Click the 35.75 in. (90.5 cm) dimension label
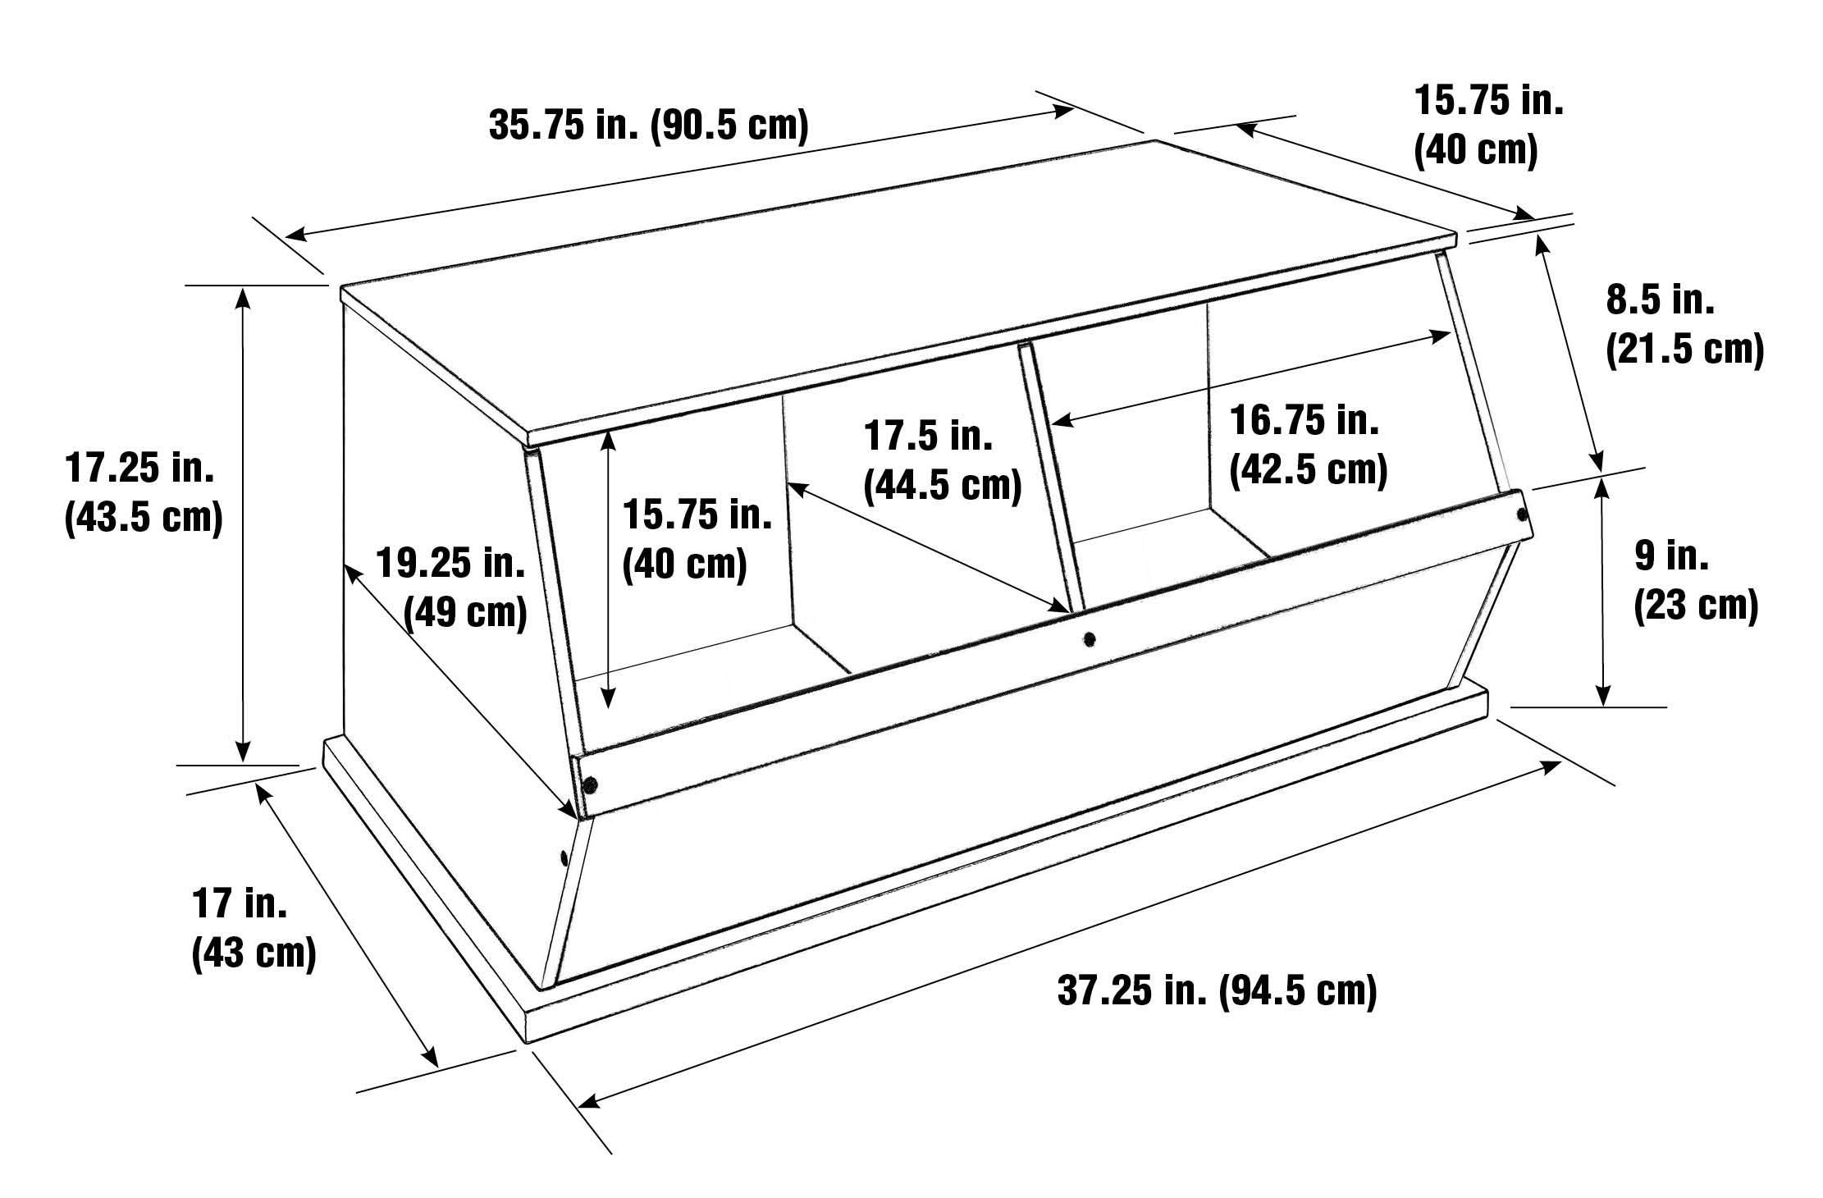(x=649, y=127)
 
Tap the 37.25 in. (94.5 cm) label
(x=1217, y=990)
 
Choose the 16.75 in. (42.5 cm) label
(x=1309, y=446)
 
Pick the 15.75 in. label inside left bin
(x=697, y=515)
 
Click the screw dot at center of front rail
(x=1089, y=637)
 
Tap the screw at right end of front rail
(x=1522, y=514)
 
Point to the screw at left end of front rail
(x=589, y=785)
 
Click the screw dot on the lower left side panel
(x=563, y=858)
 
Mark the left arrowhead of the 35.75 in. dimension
(x=295, y=235)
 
